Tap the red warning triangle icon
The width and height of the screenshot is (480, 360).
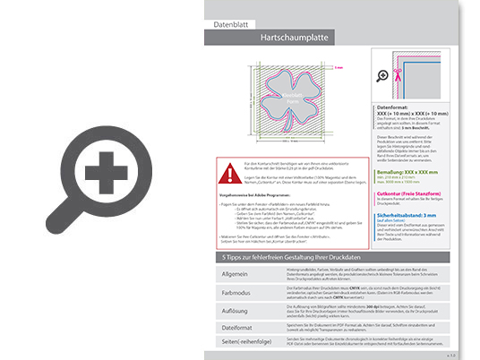233,169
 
